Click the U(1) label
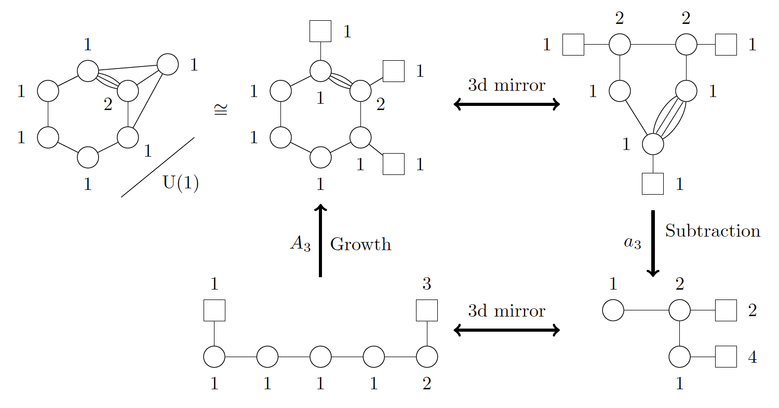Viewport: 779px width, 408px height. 181,184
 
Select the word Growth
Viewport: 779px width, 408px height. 360,244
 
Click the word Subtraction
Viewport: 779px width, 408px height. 713,231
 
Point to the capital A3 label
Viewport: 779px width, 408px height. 300,244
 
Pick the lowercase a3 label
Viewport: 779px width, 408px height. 633,243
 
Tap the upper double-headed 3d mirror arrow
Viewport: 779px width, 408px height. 506,105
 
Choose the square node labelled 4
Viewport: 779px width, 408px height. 726,357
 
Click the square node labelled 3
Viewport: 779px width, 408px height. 427,310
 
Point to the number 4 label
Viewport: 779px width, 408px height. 752,358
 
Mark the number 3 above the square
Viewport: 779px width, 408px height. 426,284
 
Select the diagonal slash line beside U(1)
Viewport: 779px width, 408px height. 157,167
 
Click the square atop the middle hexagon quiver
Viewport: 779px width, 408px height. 320,31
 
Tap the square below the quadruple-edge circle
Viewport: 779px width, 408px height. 653,184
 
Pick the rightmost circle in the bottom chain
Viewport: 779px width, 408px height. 427,357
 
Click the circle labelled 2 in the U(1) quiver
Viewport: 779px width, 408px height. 128,91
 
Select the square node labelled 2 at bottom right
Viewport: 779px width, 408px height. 726,310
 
